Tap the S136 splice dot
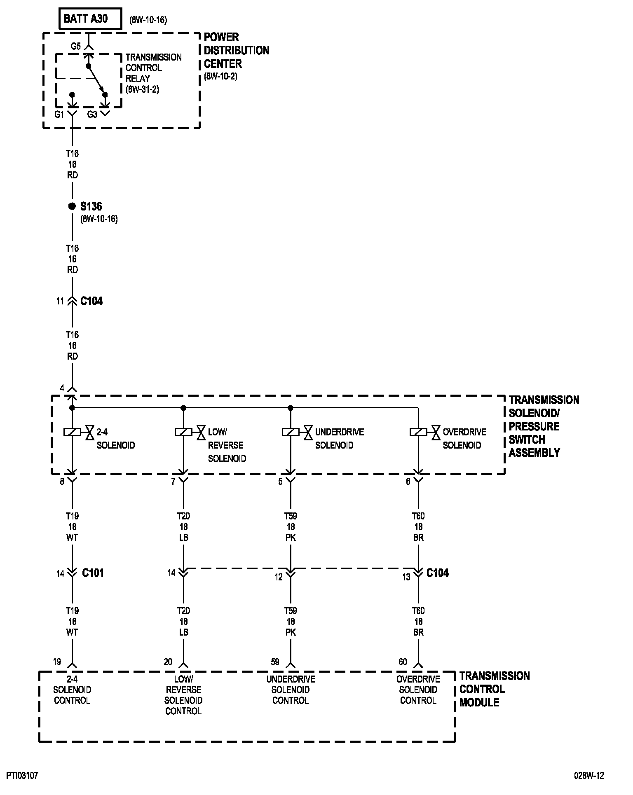(x=72, y=206)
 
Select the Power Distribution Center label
(x=236, y=50)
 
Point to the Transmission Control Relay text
(x=153, y=68)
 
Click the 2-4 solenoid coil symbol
(x=72, y=432)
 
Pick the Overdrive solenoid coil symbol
(x=418, y=432)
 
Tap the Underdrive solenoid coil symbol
(x=291, y=432)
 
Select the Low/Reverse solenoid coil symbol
(x=183, y=432)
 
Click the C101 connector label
(x=93, y=573)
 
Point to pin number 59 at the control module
(x=275, y=662)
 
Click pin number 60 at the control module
(x=403, y=662)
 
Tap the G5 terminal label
(x=75, y=46)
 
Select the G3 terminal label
(x=92, y=115)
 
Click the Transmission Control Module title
(x=494, y=689)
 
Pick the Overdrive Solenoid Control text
(x=418, y=690)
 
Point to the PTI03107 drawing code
(x=22, y=776)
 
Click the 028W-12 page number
(x=589, y=776)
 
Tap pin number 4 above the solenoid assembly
(x=62, y=388)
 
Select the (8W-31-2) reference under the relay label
(x=142, y=89)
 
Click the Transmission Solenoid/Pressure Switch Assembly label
(x=544, y=426)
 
